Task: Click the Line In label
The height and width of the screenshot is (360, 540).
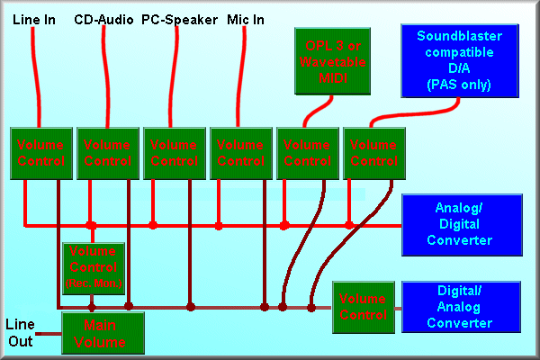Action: point(35,20)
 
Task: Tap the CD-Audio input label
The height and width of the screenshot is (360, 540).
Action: point(103,20)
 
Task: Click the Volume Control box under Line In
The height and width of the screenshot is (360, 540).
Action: point(41,153)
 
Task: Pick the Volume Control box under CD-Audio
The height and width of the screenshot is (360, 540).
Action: point(108,153)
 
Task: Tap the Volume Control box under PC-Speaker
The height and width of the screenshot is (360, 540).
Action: point(175,153)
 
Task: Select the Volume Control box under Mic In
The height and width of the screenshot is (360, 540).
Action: point(241,153)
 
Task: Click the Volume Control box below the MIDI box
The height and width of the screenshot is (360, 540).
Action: point(308,153)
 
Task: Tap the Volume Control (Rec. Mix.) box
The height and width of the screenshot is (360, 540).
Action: point(94,268)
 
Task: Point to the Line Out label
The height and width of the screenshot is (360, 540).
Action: point(21,333)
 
